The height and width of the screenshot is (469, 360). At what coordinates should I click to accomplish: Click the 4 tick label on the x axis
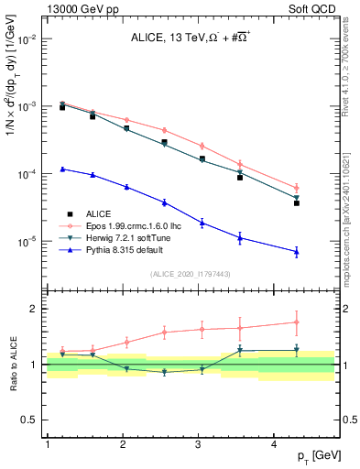pyautogui.click(x=275, y=444)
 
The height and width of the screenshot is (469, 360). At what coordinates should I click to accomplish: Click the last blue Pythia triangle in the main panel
pyautogui.click(x=297, y=252)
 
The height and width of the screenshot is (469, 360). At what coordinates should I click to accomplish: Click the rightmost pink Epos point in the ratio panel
pyautogui.click(x=297, y=322)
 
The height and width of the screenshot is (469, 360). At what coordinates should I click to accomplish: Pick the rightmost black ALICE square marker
pyautogui.click(x=297, y=203)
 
